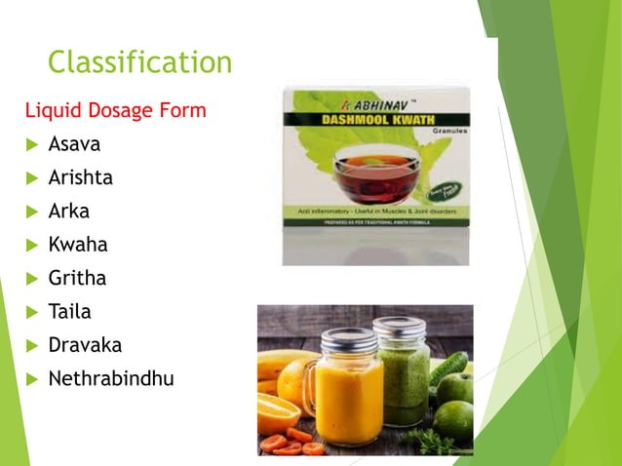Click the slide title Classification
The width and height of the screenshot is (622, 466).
[140, 62]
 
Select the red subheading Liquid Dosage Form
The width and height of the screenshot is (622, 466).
[116, 110]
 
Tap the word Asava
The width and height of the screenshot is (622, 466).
[74, 144]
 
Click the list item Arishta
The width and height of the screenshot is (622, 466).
[80, 177]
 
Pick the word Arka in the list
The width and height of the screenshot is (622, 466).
[69, 211]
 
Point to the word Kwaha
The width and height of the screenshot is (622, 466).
[78, 245]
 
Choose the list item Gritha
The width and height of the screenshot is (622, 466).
[77, 278]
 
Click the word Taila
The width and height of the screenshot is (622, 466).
[70, 311]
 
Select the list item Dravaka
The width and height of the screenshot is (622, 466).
[85, 344]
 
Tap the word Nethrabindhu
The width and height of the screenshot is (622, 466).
[111, 378]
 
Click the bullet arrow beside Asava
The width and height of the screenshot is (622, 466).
[31, 145]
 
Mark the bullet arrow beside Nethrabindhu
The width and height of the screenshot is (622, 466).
[31, 379]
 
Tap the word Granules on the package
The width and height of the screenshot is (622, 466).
[446, 129]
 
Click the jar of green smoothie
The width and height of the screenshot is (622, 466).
[403, 375]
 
